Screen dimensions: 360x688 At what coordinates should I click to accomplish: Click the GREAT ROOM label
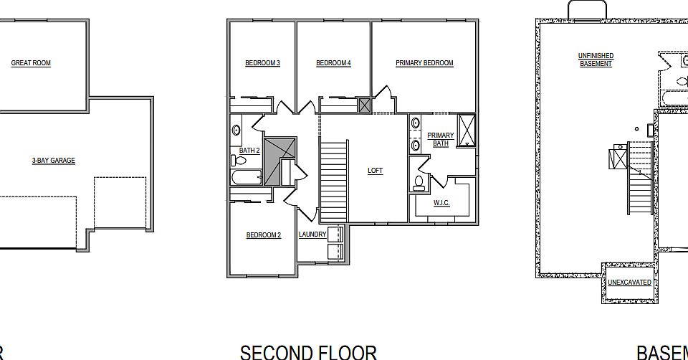(31, 63)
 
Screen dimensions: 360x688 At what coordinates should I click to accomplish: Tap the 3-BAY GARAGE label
(53, 161)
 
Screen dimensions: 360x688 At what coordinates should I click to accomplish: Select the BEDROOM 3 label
(262, 63)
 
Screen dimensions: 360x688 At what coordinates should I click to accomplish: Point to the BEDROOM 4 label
(333, 63)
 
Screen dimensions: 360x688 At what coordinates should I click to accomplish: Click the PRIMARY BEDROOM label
(424, 63)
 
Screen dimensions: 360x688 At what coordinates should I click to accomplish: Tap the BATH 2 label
(249, 151)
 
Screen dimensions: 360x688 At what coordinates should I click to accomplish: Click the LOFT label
(375, 171)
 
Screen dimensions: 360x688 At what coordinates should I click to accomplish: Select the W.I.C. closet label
(441, 203)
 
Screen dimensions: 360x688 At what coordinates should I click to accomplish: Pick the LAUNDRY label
(312, 235)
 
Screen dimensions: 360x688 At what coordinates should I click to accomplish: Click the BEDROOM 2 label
(263, 235)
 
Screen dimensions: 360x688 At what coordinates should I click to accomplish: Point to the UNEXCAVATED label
(629, 283)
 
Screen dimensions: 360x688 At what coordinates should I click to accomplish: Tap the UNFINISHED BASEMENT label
(596, 60)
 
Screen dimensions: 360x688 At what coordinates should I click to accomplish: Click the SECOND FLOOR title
(308, 351)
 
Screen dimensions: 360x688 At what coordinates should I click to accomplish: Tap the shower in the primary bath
(466, 130)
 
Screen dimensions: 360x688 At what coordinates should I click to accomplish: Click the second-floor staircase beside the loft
(333, 181)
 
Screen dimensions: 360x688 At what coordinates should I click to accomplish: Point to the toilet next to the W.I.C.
(419, 184)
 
